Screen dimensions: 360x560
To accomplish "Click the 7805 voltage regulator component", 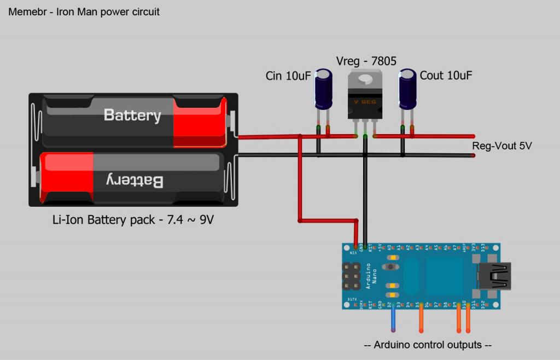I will pyautogui.click(x=365, y=101).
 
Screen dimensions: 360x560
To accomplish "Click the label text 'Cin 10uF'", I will pyautogui.click(x=288, y=76).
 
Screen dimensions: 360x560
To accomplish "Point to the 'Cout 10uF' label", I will pyautogui.click(x=445, y=76).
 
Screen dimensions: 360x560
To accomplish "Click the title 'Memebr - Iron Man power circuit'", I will pyautogui.click(x=84, y=11).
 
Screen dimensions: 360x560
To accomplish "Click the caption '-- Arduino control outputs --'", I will pyautogui.click(x=428, y=345).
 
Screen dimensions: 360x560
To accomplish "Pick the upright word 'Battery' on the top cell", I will pyautogui.click(x=132, y=115).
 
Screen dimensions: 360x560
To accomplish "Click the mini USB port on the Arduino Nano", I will pyautogui.click(x=494, y=276).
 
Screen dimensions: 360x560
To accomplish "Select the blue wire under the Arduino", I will pyautogui.click(x=393, y=321).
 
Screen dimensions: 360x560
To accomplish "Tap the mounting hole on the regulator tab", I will pyautogui.click(x=365, y=80).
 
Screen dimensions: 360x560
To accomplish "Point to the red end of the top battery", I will pyautogui.click(x=200, y=123).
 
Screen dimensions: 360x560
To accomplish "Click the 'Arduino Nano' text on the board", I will pyautogui.click(x=370, y=277).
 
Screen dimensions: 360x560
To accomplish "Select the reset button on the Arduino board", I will pyautogui.click(x=392, y=267).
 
